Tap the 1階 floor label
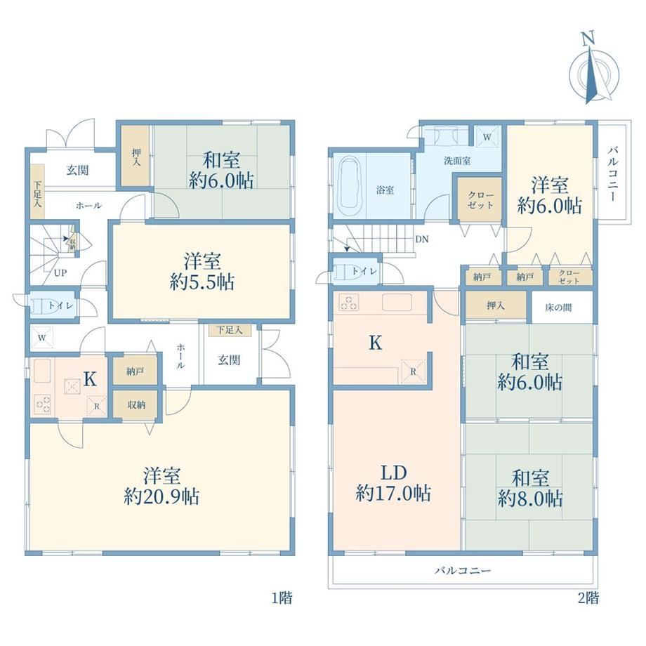pyautogui.click(x=282, y=598)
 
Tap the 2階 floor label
pyautogui.click(x=588, y=598)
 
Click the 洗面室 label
pyautogui.click(x=457, y=161)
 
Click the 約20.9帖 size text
pyautogui.click(x=162, y=496)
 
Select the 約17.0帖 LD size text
pyautogui.click(x=393, y=493)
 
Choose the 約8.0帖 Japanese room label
pyautogui.click(x=530, y=499)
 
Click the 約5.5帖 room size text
pyautogui.click(x=202, y=282)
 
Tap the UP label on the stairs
pyautogui.click(x=60, y=272)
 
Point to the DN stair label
pyautogui.click(x=422, y=239)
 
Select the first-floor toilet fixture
pyautogui.click(x=41, y=305)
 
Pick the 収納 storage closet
pyautogui.click(x=136, y=405)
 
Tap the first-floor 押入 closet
pyautogui.click(x=136, y=157)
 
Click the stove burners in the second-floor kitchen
pyautogui.click(x=348, y=303)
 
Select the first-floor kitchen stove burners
pyautogui.click(x=43, y=403)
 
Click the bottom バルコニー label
pyautogui.click(x=463, y=571)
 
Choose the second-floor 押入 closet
pyautogui.click(x=496, y=305)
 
